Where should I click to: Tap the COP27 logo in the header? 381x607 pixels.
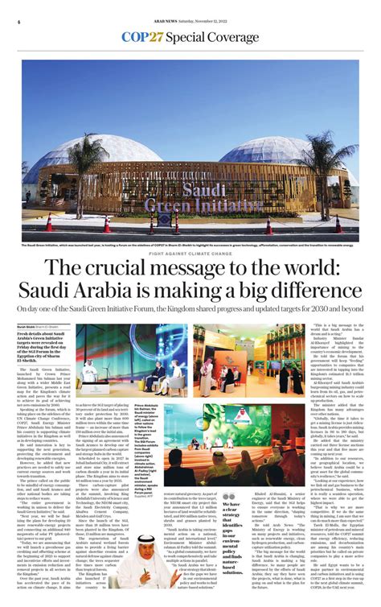[142, 36]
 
